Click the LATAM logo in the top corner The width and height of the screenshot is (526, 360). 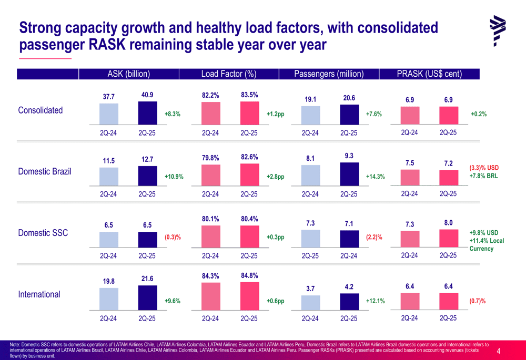coord(497,30)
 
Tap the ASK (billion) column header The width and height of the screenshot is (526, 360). coord(129,74)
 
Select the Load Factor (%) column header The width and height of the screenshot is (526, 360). coord(229,74)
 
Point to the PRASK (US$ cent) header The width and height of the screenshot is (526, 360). coord(429,74)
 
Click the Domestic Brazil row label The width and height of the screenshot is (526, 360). coord(45,172)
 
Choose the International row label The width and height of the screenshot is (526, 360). coord(39,294)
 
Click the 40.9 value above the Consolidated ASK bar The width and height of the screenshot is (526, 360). coord(147,95)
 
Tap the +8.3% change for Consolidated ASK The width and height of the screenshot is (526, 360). coord(173,114)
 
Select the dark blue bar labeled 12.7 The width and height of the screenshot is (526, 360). coord(147,175)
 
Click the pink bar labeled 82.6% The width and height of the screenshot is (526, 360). coord(249,174)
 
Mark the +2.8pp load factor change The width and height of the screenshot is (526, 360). coord(275,177)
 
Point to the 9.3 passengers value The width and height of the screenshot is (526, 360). coord(349,156)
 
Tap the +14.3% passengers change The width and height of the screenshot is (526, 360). coord(375,177)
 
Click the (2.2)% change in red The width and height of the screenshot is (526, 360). coord(374,238)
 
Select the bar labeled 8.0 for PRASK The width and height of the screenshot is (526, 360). coord(448,238)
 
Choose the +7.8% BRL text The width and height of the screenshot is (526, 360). coord(483,176)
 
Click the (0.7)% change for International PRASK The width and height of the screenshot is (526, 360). coord(477,301)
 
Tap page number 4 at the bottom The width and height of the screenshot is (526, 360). coord(498,351)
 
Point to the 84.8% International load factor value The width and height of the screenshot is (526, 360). coord(249,275)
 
